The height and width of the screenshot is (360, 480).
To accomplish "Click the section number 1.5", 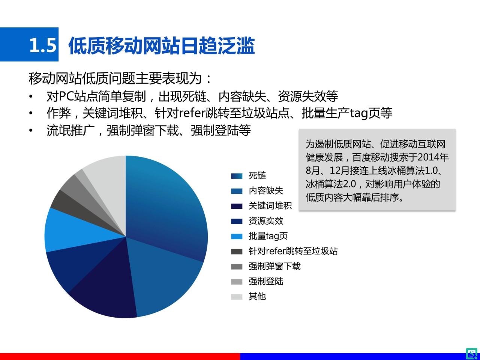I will tap(43, 46).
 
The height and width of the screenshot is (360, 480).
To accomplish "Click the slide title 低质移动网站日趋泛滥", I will tap(161, 46).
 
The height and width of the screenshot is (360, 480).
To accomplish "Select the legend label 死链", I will tap(257, 176).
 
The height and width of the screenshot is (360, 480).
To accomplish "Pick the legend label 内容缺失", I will tap(266, 191).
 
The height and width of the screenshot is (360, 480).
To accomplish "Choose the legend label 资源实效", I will tap(266, 221).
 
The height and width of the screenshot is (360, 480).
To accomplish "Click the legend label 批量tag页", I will tap(268, 236).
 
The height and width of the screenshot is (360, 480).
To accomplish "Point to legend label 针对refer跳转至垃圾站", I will tap(293, 251).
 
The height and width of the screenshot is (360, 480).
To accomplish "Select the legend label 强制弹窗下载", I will tap(274, 266).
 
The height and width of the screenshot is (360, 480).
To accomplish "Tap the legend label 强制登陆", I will tap(266, 281).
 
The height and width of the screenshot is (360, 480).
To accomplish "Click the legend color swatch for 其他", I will tap(237, 297).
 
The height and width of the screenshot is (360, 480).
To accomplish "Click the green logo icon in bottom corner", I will tap(472, 353).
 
